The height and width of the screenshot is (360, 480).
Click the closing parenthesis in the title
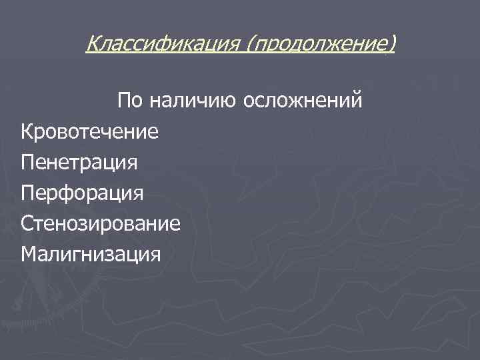coord(392,45)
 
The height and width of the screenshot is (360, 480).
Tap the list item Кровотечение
coord(89,131)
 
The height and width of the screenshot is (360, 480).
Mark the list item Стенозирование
coord(100,223)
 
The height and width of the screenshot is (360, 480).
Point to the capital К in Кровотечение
coord(27,131)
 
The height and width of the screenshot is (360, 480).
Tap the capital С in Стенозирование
coord(27,223)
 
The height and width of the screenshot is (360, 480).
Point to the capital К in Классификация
coord(93,45)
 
